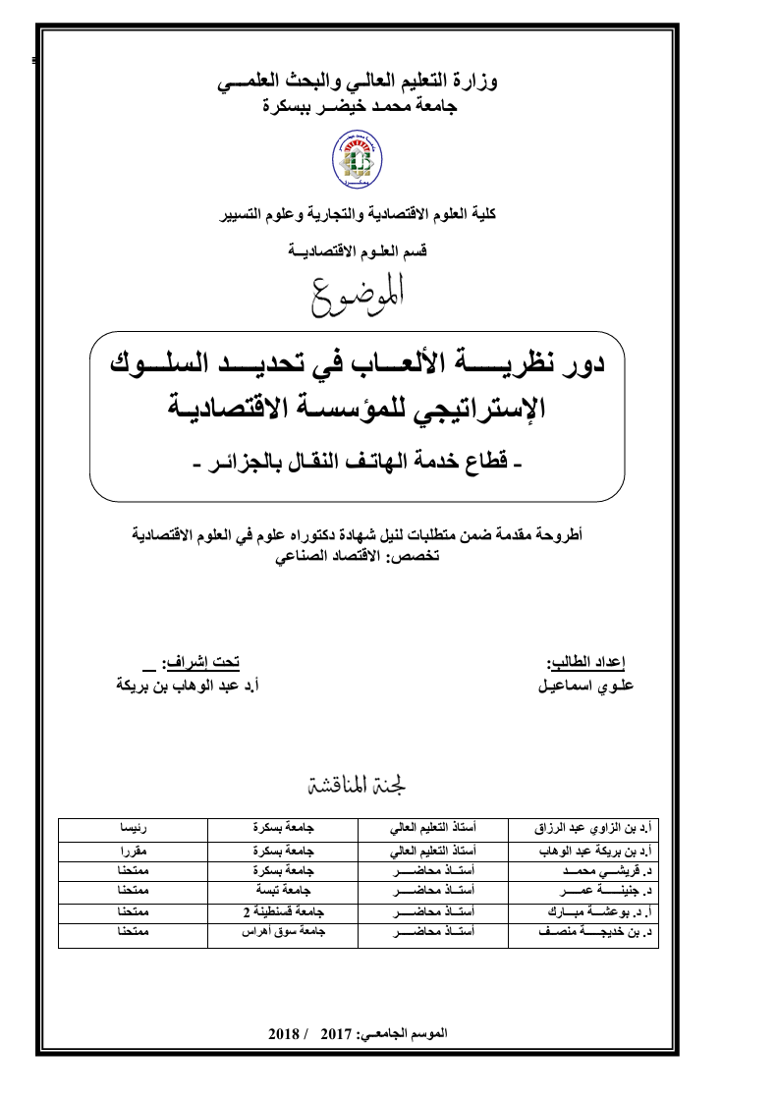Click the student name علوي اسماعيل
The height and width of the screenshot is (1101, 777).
tap(584, 687)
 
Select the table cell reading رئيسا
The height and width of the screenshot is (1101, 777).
tap(132, 827)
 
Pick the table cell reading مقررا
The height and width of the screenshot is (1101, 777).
tap(132, 850)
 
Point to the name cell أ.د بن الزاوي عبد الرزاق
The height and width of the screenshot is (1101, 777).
tap(583, 827)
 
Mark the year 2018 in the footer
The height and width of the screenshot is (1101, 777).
tap(287, 1036)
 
